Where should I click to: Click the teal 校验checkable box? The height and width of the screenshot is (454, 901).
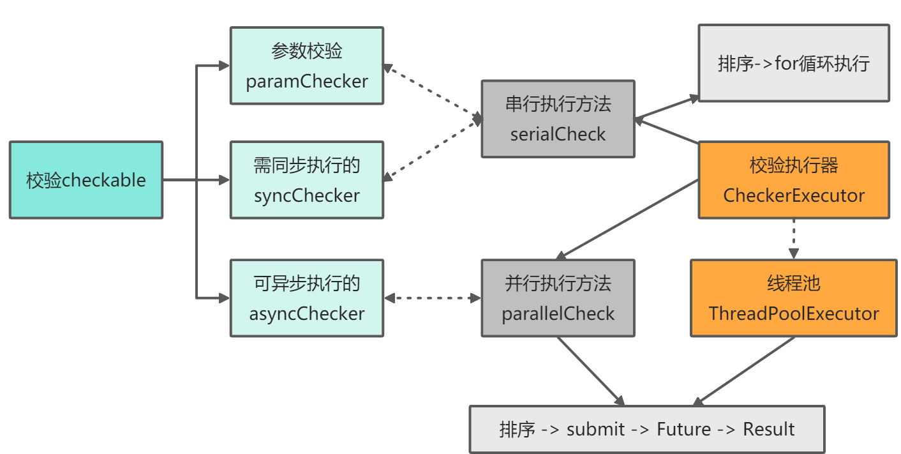tap(86, 180)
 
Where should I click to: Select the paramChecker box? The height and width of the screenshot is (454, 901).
tap(307, 66)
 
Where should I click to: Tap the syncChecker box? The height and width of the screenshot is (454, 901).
tap(307, 180)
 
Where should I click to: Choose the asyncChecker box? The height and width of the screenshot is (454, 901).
tap(307, 298)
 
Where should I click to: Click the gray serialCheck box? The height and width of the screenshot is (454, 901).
tap(558, 119)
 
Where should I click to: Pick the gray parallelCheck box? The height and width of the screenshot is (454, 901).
tap(558, 298)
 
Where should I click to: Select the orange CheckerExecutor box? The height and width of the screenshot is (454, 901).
tap(794, 180)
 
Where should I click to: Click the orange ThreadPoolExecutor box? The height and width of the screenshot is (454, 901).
tap(794, 298)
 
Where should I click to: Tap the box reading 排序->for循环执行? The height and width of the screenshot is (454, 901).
tap(794, 64)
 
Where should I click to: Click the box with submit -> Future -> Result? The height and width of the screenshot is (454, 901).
tap(647, 429)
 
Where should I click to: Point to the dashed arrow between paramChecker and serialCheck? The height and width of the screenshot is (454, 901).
tap(432, 91)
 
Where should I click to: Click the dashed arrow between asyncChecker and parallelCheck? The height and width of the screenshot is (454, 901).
tap(432, 298)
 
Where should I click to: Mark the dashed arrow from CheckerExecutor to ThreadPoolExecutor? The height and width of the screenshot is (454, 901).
tap(794, 238)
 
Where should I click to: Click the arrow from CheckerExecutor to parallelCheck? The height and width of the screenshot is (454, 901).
tap(628, 219)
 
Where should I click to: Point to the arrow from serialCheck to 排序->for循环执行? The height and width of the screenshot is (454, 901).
tap(667, 108)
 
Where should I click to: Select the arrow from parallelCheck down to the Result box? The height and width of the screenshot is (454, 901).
tap(590, 371)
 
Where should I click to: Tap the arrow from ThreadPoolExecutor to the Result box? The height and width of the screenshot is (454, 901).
tap(744, 371)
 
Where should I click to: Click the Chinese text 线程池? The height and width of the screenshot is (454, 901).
tap(794, 284)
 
